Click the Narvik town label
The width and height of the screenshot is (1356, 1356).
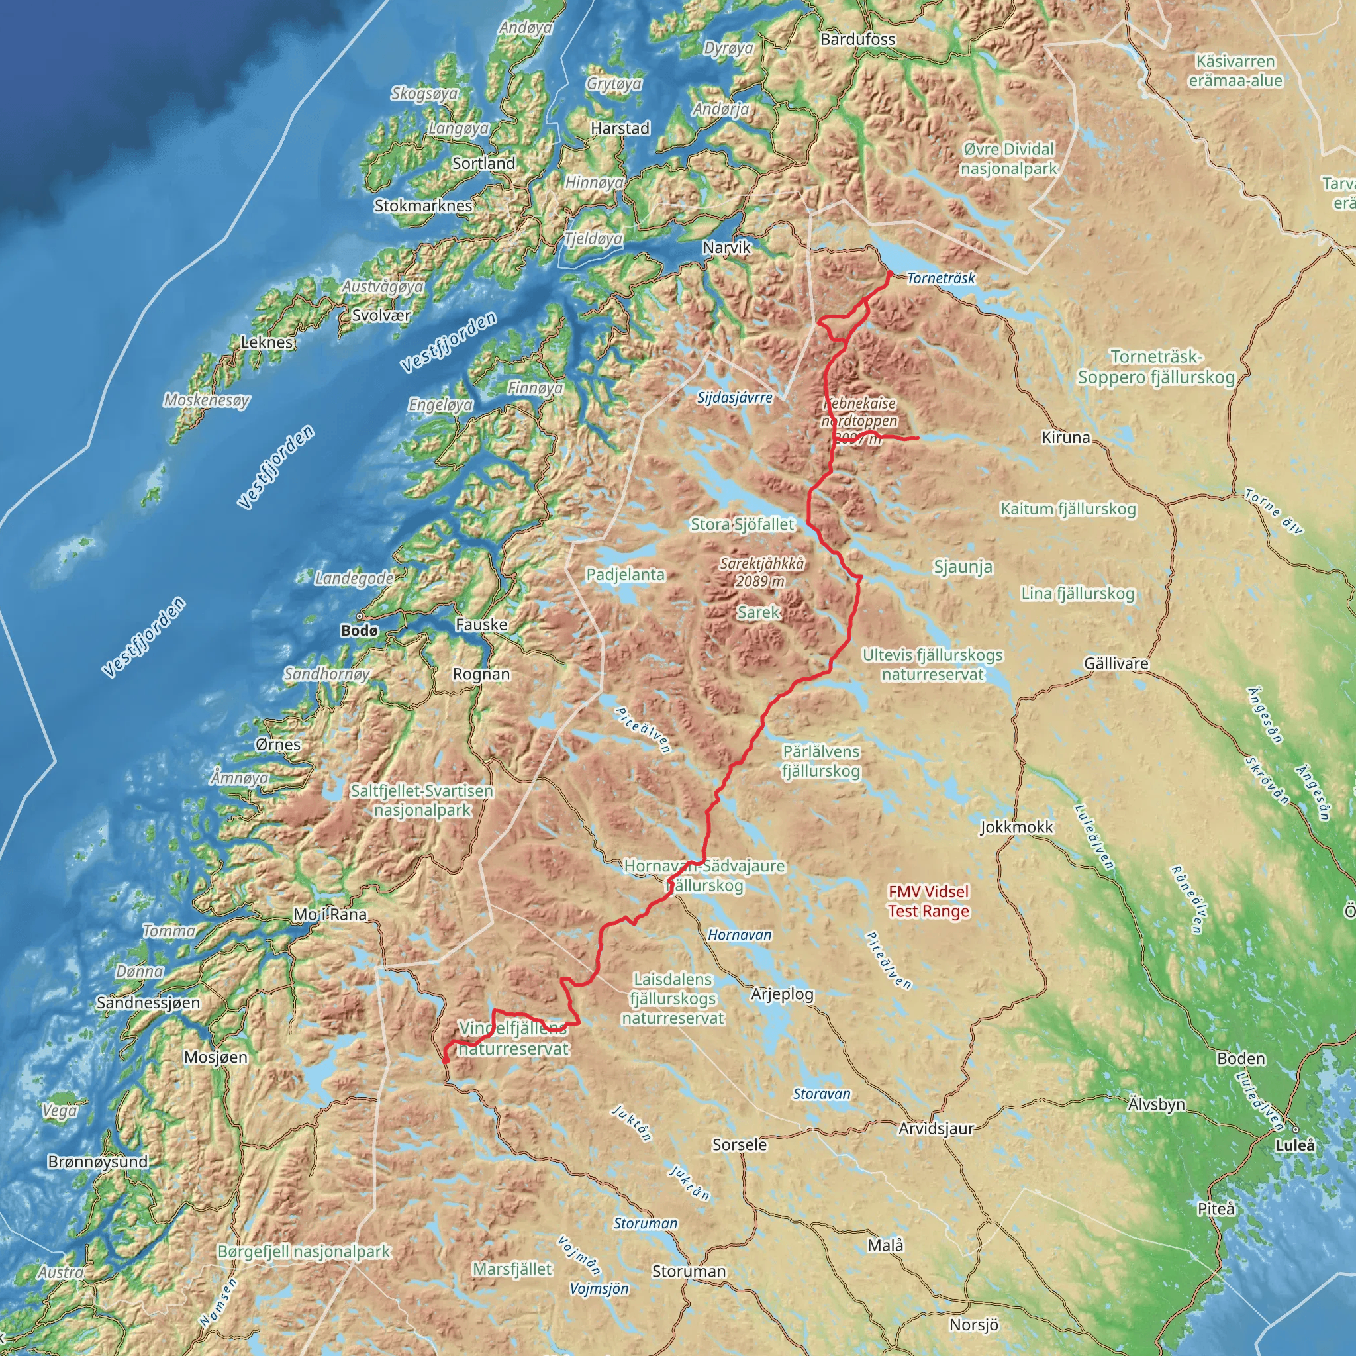click(726, 248)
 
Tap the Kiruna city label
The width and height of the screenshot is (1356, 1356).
click(1065, 437)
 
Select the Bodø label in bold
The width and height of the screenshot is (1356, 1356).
click(360, 631)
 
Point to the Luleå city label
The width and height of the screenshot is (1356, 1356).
click(1296, 1145)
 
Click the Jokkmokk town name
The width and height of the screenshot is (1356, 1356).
click(1016, 828)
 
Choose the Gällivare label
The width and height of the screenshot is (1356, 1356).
click(1116, 663)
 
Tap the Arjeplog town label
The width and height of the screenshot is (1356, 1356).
click(782, 994)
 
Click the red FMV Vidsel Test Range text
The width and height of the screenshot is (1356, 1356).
click(928, 901)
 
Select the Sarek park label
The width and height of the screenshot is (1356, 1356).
click(758, 612)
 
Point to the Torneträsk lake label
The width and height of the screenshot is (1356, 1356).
click(940, 279)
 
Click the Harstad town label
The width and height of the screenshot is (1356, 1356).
click(620, 128)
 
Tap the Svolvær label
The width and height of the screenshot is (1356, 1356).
click(381, 315)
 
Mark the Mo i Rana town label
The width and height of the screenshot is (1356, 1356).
click(330, 914)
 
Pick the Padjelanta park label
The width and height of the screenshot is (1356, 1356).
click(624, 574)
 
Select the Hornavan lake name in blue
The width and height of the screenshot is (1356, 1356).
click(739, 935)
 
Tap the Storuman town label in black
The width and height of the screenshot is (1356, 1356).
click(689, 1271)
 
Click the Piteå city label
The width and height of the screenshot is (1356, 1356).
click(1216, 1208)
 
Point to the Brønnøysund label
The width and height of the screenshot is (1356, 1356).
click(97, 1161)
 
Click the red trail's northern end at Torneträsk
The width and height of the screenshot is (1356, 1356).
click(889, 272)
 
